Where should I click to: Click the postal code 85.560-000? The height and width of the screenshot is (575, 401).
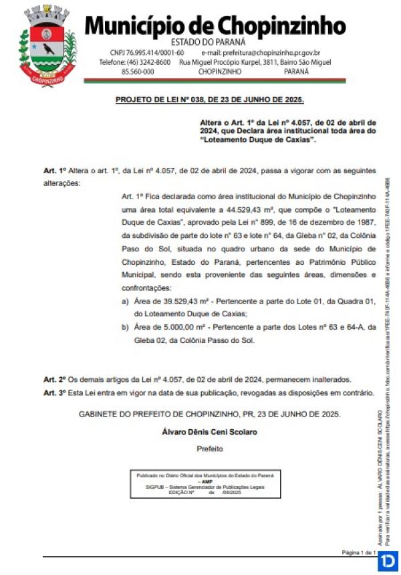click(134, 71)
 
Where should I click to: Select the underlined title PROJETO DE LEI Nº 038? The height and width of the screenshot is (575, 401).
click(209, 100)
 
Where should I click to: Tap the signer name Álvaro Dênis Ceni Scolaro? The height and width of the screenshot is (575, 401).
click(209, 431)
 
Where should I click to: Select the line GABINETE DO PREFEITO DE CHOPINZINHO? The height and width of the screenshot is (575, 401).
click(209, 414)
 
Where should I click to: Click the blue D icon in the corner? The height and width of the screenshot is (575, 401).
click(387, 561)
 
